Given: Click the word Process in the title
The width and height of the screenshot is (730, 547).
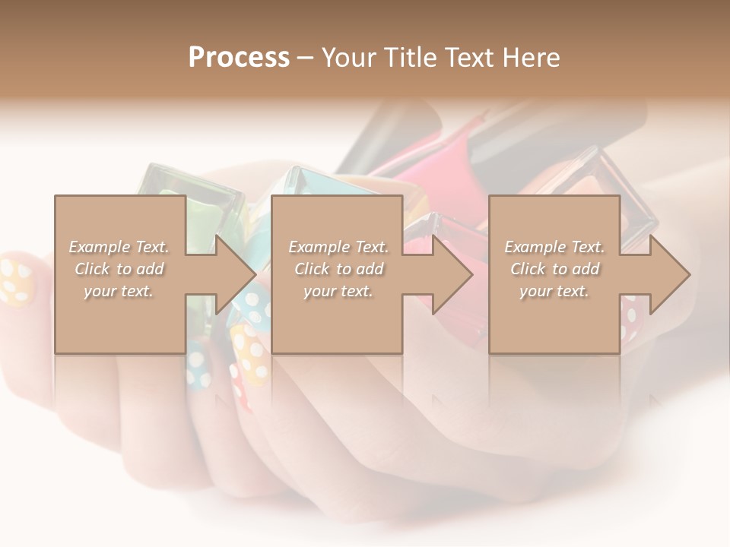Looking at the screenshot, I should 239,57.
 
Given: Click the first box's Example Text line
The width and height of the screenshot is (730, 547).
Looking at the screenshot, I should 119,246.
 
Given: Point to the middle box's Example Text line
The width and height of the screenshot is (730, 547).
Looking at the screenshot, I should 338,246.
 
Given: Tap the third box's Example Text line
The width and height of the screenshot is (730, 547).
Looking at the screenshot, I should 554,246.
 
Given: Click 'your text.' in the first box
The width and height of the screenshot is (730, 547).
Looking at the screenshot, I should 119,291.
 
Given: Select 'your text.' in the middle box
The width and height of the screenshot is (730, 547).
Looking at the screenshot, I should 338,291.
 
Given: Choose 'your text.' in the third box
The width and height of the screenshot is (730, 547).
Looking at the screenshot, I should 554,291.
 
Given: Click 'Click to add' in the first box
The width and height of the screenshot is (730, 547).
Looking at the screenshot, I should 119,269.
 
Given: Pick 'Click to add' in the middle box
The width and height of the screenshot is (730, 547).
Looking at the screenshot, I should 338,269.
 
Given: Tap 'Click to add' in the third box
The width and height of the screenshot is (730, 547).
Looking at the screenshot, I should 554,269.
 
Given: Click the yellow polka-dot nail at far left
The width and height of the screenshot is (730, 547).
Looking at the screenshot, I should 17,282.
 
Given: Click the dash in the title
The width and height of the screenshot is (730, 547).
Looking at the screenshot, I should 306,58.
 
